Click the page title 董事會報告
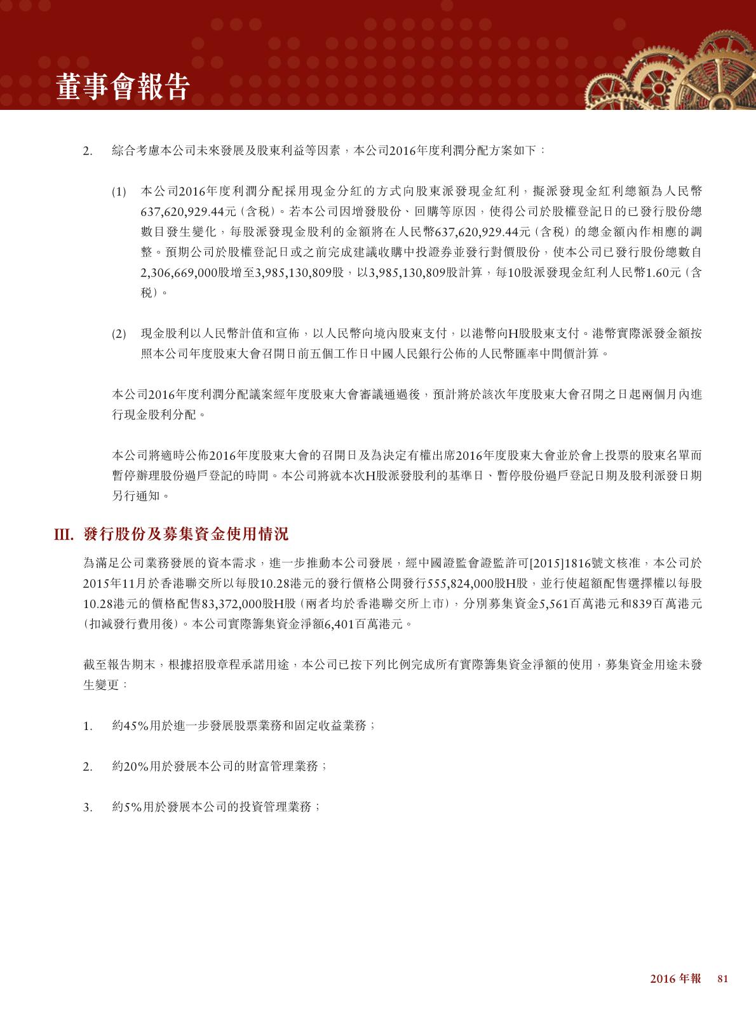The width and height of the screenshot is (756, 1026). click(x=123, y=86)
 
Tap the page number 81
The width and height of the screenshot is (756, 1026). click(x=722, y=979)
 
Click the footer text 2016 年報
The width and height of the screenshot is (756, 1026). click(x=675, y=979)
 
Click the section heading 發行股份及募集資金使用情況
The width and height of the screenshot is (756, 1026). click(x=186, y=534)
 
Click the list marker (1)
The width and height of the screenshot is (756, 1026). click(x=119, y=191)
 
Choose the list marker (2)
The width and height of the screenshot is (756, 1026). click(x=119, y=334)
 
